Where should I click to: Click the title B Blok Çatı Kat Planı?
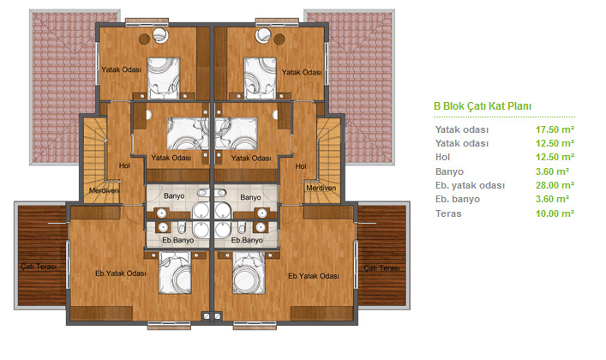[x=483, y=106]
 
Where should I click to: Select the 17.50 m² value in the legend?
[x=555, y=129]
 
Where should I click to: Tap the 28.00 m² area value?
[x=555, y=185]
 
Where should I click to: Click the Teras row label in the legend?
[x=448, y=213]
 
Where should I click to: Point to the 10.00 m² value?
[x=555, y=213]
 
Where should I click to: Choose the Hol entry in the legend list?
[x=442, y=158]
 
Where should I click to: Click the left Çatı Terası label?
[x=39, y=267]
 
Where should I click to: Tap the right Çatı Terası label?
[x=381, y=268]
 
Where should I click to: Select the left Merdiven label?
[x=104, y=190]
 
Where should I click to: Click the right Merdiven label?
[x=321, y=188]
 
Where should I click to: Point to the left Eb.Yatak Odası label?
[x=121, y=273]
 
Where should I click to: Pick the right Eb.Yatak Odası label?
[x=314, y=276]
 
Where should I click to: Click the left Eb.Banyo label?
[x=177, y=240]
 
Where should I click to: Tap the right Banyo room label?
[x=250, y=198]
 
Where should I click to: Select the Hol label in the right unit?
[x=301, y=166]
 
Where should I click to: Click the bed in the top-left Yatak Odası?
[x=164, y=78]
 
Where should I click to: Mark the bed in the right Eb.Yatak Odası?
[x=249, y=273]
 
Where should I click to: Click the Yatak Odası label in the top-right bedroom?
[x=302, y=72]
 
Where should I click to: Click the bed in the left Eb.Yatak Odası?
[x=175, y=273]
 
